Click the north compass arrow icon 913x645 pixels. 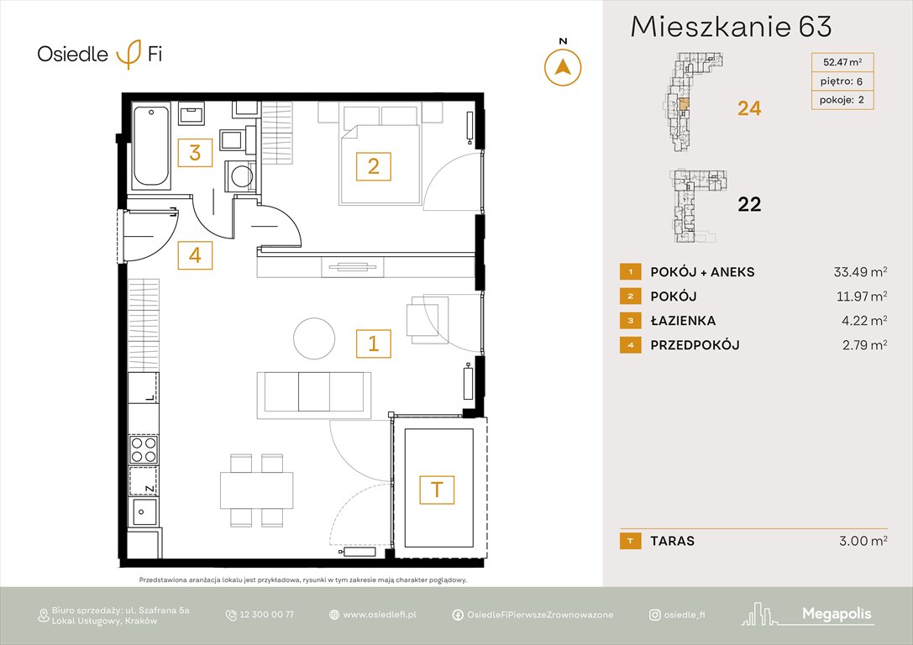pos(564,66)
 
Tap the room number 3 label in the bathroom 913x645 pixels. pos(195,153)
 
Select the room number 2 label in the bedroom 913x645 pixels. pos(373,166)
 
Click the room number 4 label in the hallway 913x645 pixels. pos(195,254)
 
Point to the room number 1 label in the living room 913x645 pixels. pos(373,343)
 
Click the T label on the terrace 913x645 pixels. pos(437,489)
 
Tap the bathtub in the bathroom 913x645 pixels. pos(152,144)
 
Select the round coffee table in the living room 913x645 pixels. pos(313,338)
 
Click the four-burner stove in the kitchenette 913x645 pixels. pos(143,449)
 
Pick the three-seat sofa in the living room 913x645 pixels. pos(313,392)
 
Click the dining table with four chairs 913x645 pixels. pos(256,490)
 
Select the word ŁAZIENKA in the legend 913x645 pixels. pos(683,321)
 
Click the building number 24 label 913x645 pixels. pos(748,108)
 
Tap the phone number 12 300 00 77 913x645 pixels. pos(266,615)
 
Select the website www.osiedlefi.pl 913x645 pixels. pos(380,615)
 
